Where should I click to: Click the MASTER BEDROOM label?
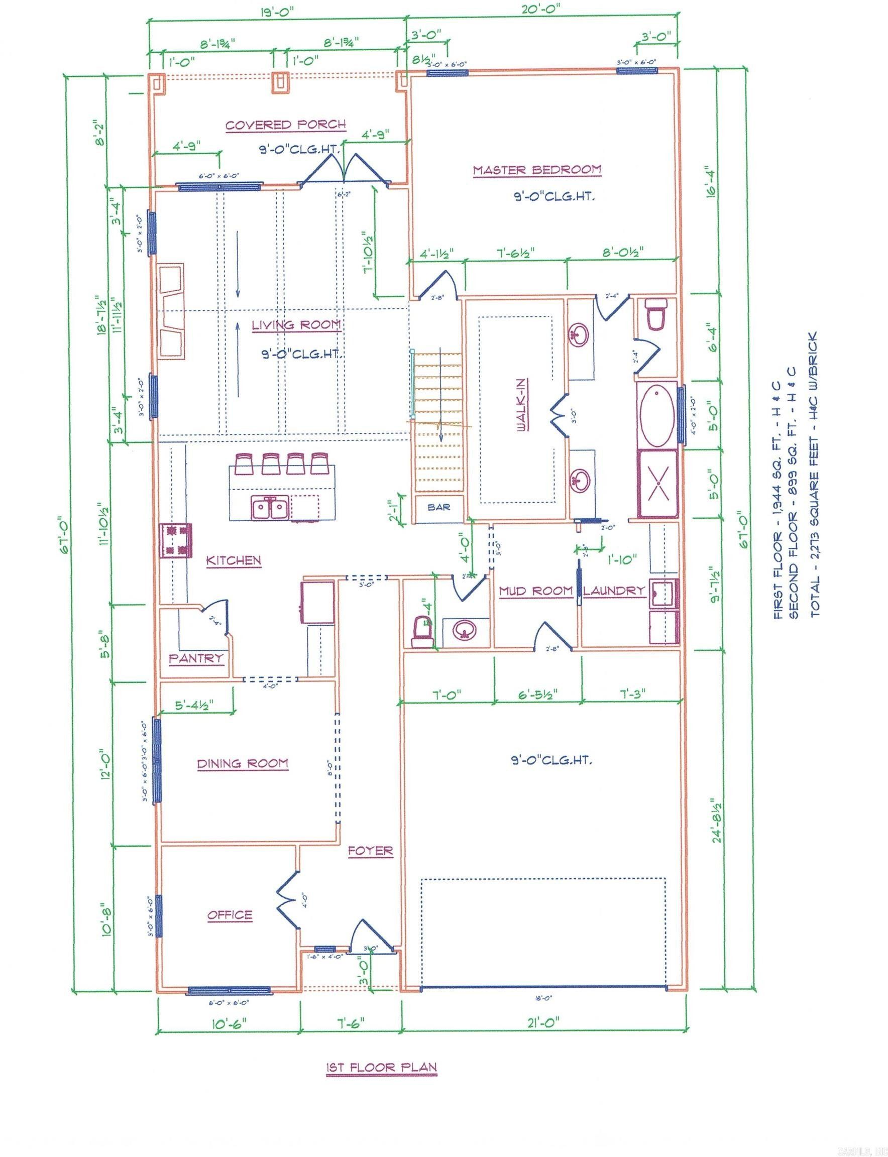[536, 170]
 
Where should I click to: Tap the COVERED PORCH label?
[285, 125]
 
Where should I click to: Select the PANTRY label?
[196, 658]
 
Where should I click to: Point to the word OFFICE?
[230, 915]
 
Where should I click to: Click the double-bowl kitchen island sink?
[270, 509]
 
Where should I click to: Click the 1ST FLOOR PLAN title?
[381, 1068]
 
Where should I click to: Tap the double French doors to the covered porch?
[344, 169]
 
